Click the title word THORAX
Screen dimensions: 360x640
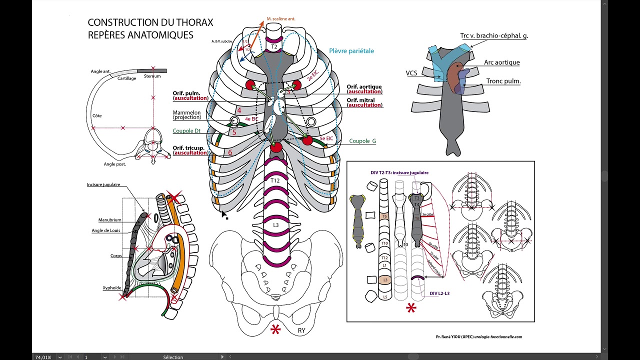click(x=194, y=22)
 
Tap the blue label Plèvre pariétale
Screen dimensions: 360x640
click(x=351, y=51)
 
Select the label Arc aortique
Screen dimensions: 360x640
click(x=501, y=62)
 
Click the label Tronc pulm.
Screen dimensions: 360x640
click(x=503, y=81)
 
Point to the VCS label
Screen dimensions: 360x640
click(x=411, y=73)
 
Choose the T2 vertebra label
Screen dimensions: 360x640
click(x=274, y=47)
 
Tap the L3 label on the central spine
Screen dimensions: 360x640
click(x=275, y=225)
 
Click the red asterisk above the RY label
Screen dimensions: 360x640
click(x=275, y=329)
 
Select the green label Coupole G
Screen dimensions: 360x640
click(x=362, y=141)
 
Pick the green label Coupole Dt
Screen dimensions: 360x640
click(x=186, y=131)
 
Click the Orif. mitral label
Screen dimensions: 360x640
click(x=360, y=100)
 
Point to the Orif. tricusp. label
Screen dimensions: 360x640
click(x=190, y=148)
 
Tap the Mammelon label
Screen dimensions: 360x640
click(x=186, y=113)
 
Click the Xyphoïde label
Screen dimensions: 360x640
click(x=112, y=288)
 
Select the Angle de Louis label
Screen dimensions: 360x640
click(x=106, y=230)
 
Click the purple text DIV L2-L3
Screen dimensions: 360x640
click(x=439, y=293)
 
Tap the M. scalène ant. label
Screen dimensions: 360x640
click(x=280, y=18)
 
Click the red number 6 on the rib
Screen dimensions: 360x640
click(x=230, y=153)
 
